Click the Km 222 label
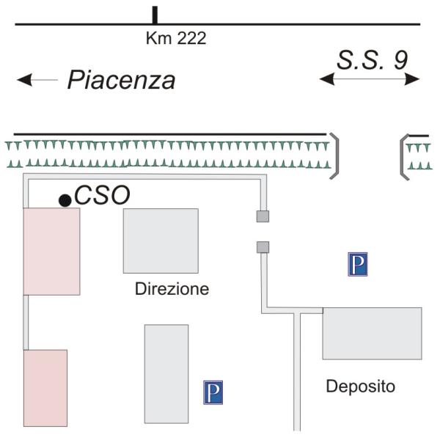[x=176, y=39]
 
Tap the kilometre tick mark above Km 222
[x=155, y=15]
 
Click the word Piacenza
[x=121, y=81]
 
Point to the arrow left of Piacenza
[x=37, y=80]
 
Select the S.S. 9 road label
[x=372, y=60]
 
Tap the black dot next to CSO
[x=65, y=199]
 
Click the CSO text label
[x=102, y=196]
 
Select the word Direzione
[x=172, y=289]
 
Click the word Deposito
[x=360, y=386]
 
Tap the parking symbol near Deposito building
[x=357, y=263]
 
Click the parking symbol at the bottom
[x=213, y=392]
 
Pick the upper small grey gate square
[x=263, y=216]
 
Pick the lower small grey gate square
[x=263, y=247]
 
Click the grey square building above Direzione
[x=161, y=241]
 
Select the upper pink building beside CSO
[x=51, y=252]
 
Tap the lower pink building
[x=45, y=388]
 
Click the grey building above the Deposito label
[x=372, y=333]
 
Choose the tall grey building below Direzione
[x=166, y=374]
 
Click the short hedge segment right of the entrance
[x=419, y=156]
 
